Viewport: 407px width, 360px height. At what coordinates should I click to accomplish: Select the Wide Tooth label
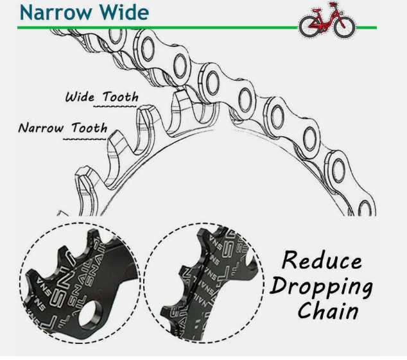coord(101,98)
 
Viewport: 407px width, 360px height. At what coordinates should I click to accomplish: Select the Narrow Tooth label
coord(62,127)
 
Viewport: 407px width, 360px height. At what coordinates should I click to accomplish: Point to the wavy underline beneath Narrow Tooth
coord(87,137)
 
